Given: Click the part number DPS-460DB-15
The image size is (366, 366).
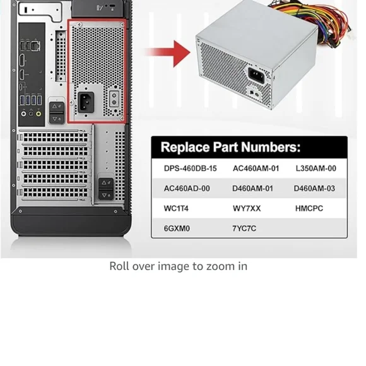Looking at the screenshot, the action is (190, 168).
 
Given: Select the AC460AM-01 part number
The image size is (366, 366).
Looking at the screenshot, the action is (256, 168).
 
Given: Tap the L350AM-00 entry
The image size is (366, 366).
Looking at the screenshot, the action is (316, 168).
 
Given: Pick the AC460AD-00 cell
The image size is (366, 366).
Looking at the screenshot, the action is (187, 189).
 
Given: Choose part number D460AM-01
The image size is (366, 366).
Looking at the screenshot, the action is (252, 189).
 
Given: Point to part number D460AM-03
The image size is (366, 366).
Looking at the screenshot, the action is (314, 189).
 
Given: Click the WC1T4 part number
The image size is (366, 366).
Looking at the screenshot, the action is (176, 208).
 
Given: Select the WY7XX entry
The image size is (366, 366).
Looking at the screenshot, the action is (247, 208).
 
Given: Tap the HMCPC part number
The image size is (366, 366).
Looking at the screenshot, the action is (309, 208).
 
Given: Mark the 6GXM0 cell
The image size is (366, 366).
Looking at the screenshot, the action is (177, 228).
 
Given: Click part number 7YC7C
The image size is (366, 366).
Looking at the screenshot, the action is (244, 228).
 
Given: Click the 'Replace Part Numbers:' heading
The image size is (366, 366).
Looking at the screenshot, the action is (230, 147).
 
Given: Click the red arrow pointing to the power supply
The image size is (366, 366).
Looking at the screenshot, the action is (167, 54).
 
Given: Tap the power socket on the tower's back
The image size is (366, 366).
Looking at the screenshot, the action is (86, 102).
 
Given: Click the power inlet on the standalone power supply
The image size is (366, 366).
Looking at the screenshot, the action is (256, 75).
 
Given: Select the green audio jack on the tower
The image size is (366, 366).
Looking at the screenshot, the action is (38, 114).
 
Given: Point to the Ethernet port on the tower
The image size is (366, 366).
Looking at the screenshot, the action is (36, 47).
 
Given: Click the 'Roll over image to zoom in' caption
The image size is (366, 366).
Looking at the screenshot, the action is (179, 266).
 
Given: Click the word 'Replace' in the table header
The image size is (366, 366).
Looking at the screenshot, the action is (185, 147).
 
